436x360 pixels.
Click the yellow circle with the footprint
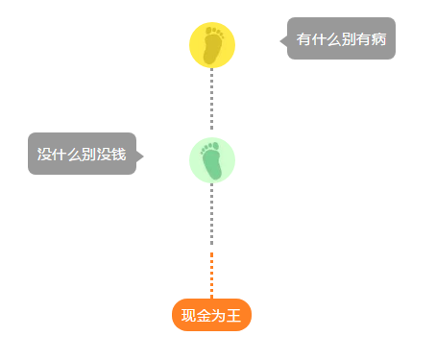212,45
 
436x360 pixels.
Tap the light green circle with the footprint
212,159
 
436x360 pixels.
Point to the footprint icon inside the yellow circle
213,45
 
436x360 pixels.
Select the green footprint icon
212,159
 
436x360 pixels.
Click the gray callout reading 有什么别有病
342,39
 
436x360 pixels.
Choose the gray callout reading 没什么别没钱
82,154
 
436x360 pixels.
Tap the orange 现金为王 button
211,315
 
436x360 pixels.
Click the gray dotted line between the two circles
212,102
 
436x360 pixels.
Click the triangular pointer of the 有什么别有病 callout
283,40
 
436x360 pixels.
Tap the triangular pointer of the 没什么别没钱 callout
140,156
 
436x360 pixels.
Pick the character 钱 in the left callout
118,154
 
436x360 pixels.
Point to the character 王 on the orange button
234,315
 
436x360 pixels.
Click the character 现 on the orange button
188,315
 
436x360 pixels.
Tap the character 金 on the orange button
204,315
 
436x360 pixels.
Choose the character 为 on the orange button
219,315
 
